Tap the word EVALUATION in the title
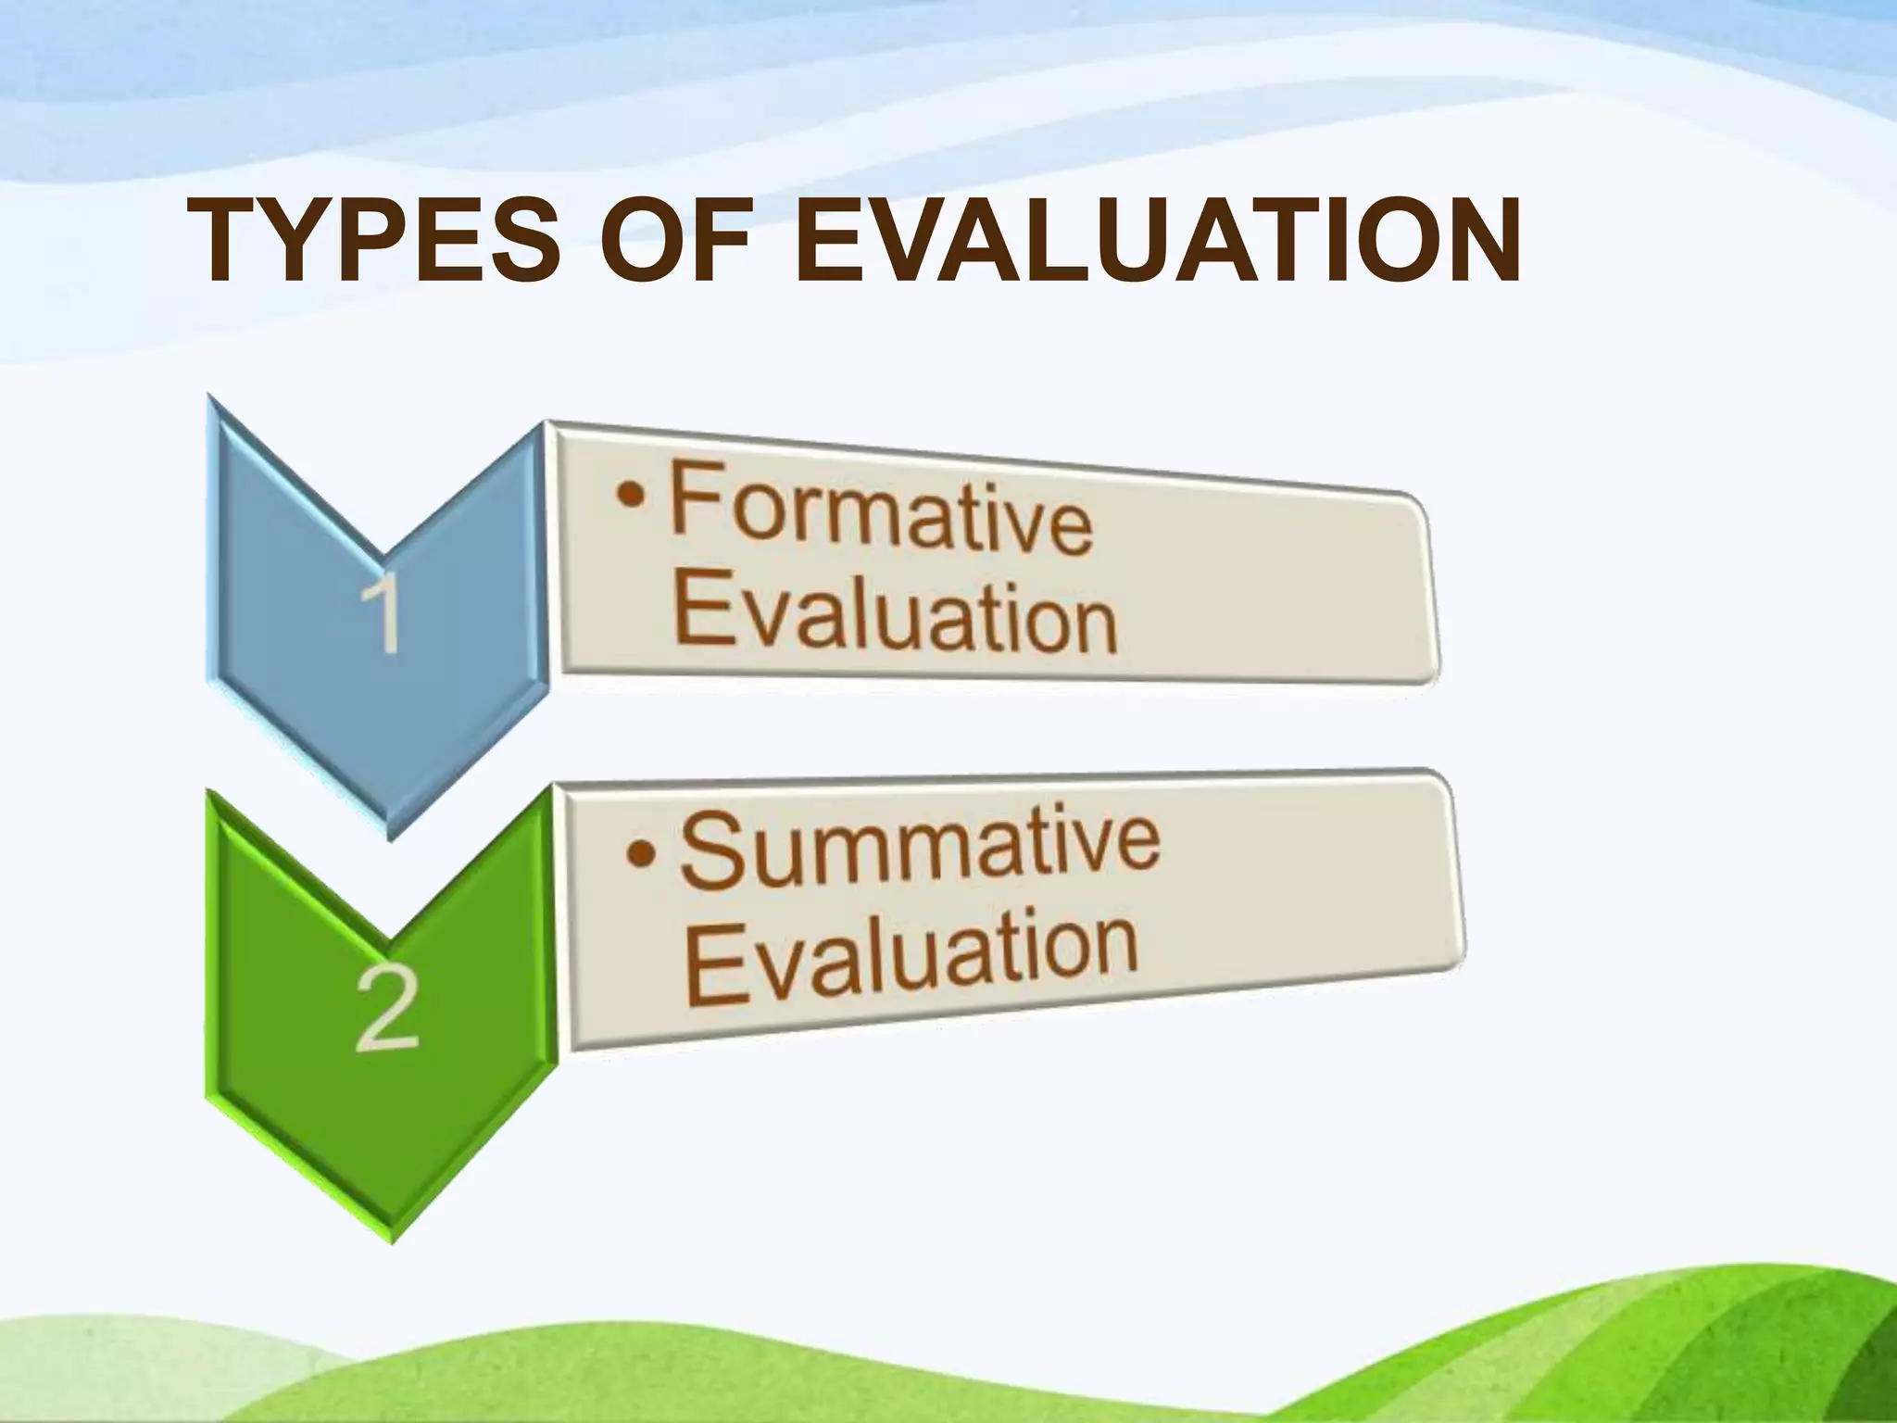point(1157,242)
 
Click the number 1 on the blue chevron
point(381,612)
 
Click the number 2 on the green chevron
point(387,1009)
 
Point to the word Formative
point(880,510)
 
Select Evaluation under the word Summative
point(911,958)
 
